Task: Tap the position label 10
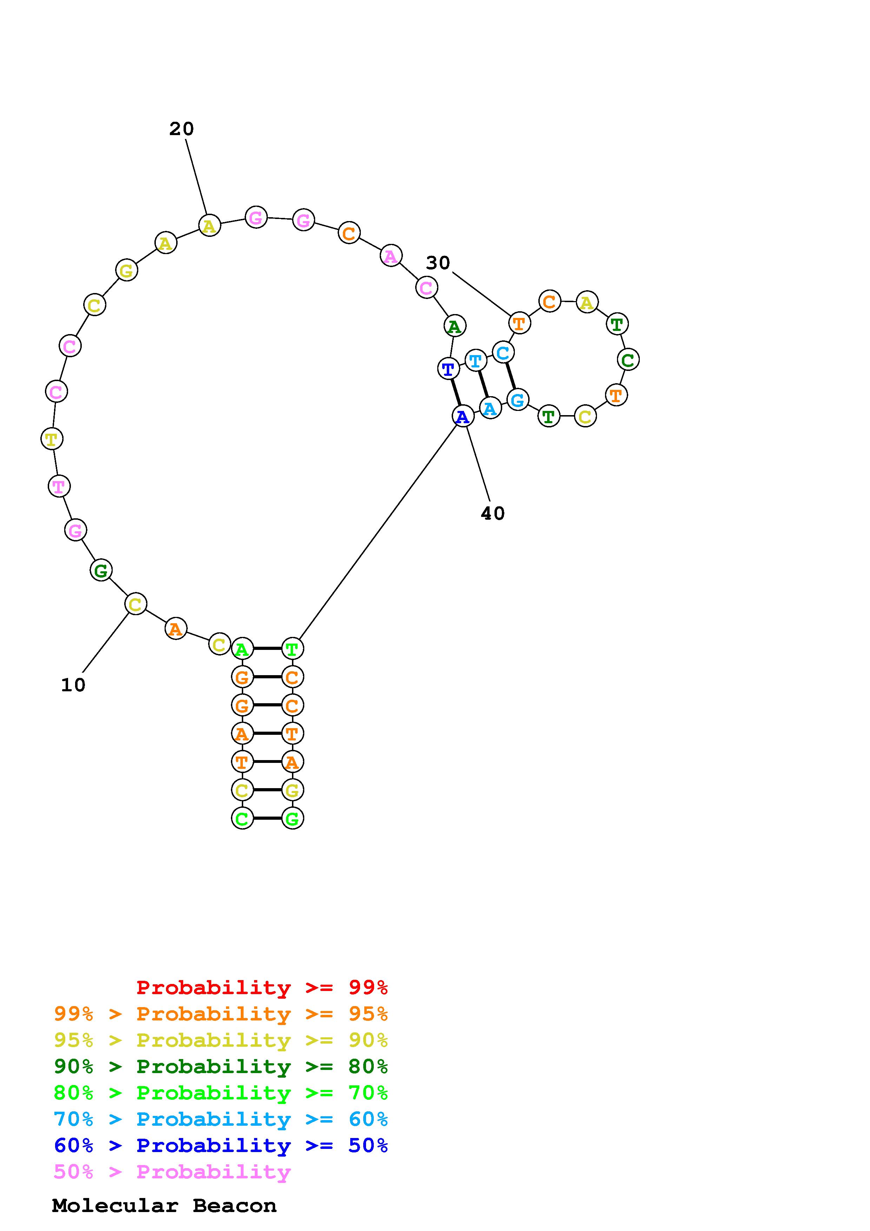73,685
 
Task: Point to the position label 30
438,263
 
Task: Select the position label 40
493,514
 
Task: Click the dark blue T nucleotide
449,369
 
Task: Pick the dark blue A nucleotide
463,416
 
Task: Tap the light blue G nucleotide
517,399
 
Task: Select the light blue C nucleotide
503,353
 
